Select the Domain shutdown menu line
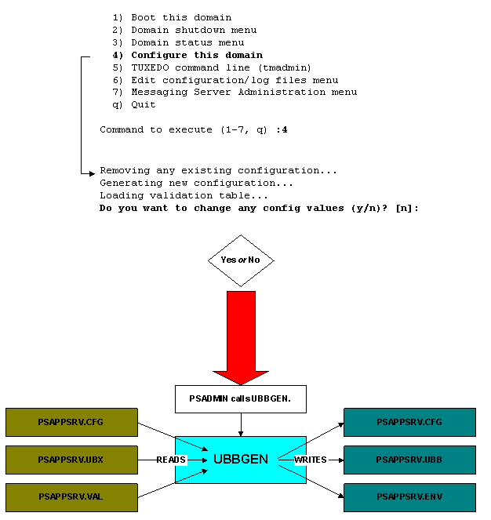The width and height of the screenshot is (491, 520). (x=184, y=30)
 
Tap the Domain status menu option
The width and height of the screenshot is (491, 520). (x=177, y=42)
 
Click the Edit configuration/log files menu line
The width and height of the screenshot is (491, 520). (x=224, y=80)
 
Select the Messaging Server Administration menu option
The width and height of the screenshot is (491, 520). (x=234, y=93)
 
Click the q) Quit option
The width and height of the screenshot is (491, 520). (x=133, y=104)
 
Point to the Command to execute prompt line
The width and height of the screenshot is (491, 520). (x=193, y=129)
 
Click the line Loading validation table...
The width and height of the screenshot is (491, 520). (x=184, y=195)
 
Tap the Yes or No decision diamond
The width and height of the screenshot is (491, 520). (x=240, y=260)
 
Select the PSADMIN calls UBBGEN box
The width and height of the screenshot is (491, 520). (x=240, y=398)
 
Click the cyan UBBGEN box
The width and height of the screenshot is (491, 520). (x=240, y=460)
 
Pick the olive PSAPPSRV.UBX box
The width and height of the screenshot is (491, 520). (x=71, y=460)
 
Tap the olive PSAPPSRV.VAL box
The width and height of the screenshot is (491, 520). (x=71, y=497)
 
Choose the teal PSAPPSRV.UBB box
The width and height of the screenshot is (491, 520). (x=409, y=460)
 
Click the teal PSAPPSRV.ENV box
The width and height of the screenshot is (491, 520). (x=409, y=497)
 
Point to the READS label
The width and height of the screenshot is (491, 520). (x=171, y=460)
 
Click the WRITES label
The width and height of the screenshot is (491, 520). (x=311, y=460)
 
